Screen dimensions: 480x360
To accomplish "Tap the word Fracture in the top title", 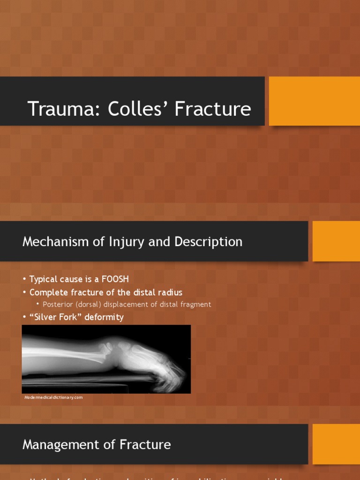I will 214,109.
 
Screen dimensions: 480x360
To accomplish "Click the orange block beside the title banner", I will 314,101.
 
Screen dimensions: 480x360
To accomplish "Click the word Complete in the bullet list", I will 48,292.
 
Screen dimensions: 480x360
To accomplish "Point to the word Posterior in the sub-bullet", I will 58,305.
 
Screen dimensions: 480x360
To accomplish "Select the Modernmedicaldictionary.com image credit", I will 53,397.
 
